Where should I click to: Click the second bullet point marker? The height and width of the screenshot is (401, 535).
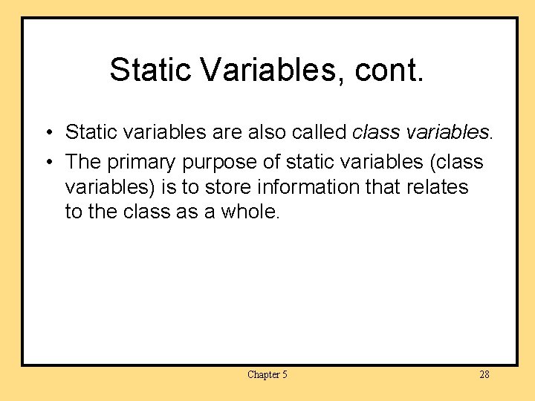[x=46, y=162]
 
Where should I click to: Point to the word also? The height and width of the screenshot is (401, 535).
[x=265, y=133]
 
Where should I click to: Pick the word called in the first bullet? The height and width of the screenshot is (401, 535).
[x=320, y=133]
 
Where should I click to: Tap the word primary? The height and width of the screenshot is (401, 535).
[x=141, y=162]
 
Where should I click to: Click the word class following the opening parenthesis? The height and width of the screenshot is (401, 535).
[x=463, y=162]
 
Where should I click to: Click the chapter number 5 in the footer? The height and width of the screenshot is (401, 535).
[x=285, y=375]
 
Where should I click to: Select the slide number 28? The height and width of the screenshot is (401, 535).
[x=484, y=375]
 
